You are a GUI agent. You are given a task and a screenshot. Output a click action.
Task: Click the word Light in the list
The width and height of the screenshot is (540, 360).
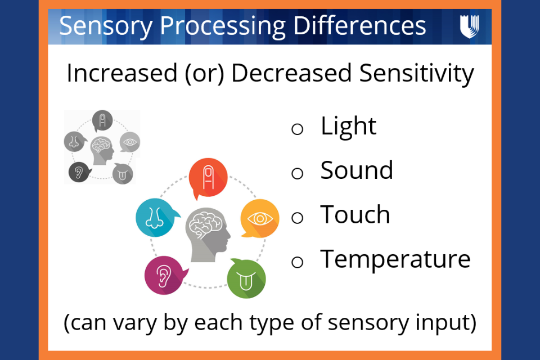348,126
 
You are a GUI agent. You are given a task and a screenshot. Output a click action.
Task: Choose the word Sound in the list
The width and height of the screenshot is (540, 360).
357,170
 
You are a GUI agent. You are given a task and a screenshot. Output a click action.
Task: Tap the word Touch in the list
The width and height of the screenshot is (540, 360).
355,215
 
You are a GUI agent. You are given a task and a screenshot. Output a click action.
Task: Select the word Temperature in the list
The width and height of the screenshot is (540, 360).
395,259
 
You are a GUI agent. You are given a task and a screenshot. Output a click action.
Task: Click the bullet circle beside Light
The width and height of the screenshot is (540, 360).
298,129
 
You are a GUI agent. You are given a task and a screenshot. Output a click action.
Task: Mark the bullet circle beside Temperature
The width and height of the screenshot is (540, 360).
298,262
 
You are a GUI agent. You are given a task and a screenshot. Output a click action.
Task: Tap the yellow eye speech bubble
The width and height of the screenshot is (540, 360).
260,218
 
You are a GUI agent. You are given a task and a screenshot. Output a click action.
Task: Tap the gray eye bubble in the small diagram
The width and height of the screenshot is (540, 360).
130,142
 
